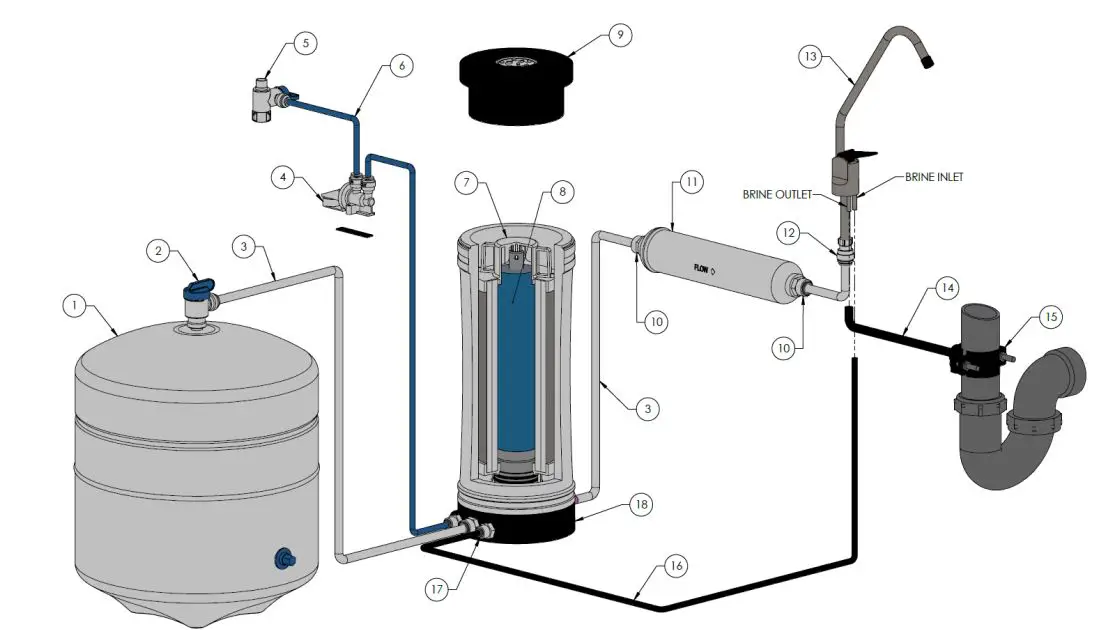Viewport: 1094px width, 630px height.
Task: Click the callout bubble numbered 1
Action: tap(73, 305)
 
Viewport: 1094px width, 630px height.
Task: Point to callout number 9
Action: tap(619, 36)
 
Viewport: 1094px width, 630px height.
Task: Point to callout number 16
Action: tap(676, 567)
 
